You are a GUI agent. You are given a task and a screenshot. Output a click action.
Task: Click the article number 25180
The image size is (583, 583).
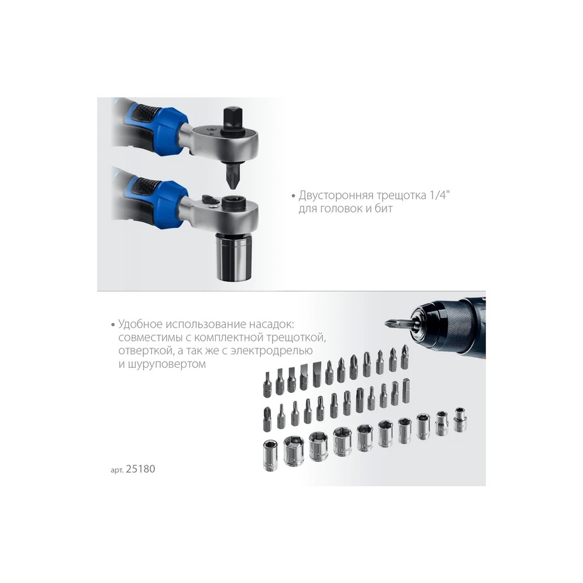coord(140,469)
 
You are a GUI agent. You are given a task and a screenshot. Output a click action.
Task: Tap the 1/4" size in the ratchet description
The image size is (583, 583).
coord(440,195)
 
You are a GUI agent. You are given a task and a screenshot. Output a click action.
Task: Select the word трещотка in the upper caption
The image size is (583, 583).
coord(401,196)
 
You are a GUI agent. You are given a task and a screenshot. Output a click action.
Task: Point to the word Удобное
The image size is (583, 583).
coord(141,324)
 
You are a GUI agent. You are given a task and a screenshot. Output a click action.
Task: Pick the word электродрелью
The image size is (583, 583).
coord(272,350)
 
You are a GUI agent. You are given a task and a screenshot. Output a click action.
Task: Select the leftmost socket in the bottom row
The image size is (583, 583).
coord(270,455)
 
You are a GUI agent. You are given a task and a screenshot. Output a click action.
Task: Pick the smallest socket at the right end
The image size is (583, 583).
coord(460,419)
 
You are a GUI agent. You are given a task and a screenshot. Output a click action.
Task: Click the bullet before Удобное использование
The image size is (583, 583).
coord(113,325)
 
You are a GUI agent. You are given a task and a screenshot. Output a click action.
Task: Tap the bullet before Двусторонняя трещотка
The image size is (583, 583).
coord(293,196)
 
